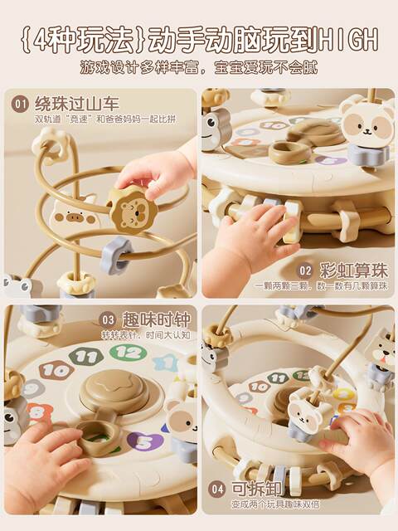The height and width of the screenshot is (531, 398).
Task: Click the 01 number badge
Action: point(21,104)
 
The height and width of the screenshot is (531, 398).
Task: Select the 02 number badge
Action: point(305,270)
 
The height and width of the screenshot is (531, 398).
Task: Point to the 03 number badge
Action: point(107,319)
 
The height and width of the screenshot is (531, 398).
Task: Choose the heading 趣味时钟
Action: point(154,319)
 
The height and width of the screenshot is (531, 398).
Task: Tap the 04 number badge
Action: point(216,488)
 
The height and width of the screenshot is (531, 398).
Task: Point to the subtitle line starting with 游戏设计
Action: point(199,67)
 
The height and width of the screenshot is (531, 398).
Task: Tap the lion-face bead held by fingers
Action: point(132,209)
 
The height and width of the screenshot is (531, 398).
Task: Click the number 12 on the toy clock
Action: point(129,352)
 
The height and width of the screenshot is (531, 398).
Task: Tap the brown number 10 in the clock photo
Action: point(56,370)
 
